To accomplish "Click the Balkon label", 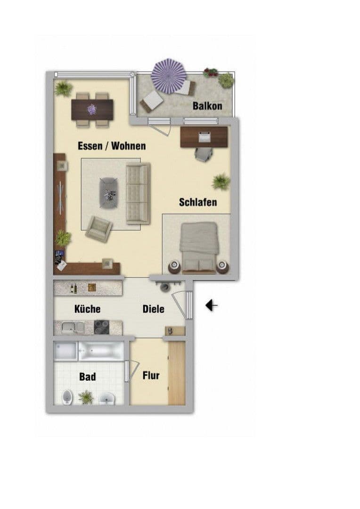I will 207,106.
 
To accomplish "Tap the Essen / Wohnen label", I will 112,146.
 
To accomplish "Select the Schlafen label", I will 198,202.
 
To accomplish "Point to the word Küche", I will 88,309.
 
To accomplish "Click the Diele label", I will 154,309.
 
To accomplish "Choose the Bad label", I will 88,377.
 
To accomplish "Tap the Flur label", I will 151,376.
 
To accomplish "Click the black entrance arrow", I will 212,306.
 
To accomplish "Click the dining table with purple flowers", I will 92,109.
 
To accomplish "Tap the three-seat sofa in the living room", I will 138,193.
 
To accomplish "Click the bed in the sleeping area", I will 199,247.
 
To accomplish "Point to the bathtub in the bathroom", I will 101,351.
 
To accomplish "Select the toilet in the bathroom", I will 67,397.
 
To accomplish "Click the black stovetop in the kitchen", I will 102,327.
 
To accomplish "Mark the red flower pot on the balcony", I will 210,73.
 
